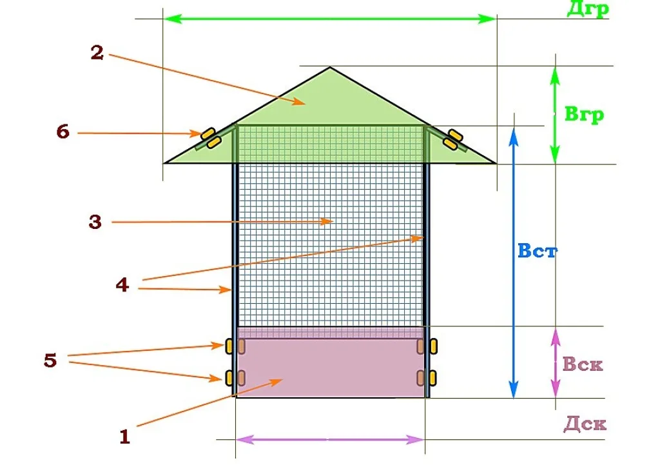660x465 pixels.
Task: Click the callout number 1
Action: [x=124, y=437]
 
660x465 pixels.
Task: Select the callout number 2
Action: [x=97, y=53]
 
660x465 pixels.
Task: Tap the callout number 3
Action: [x=95, y=222]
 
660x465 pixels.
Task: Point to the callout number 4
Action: [x=122, y=285]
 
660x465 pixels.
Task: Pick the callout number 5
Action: [x=50, y=360]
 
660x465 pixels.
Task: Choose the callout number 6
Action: [x=63, y=132]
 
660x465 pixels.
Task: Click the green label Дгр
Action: [x=588, y=8]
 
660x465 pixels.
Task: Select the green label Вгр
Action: [x=584, y=114]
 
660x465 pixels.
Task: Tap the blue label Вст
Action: [x=538, y=251]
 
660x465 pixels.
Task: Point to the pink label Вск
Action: [x=583, y=364]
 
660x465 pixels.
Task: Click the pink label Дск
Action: [x=585, y=424]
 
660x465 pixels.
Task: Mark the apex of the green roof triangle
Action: [x=330, y=67]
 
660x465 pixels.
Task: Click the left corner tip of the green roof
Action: [x=164, y=163]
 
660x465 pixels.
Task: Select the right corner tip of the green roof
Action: [x=497, y=163]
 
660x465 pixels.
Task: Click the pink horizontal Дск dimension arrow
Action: [x=330, y=440]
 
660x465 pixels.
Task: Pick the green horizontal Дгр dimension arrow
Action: [x=330, y=19]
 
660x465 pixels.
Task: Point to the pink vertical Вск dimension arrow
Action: [x=556, y=362]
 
